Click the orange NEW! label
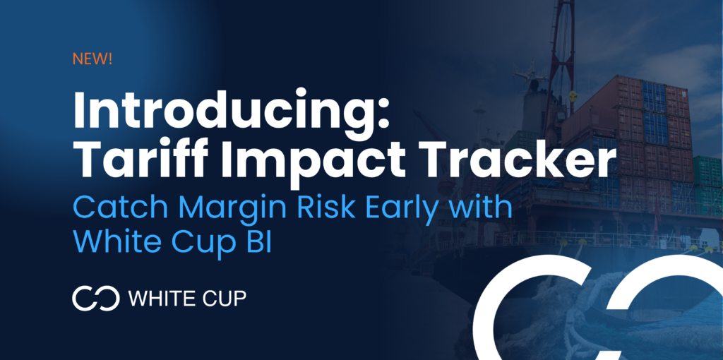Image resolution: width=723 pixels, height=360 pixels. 92,59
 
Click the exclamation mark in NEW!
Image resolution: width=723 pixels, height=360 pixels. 109,59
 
